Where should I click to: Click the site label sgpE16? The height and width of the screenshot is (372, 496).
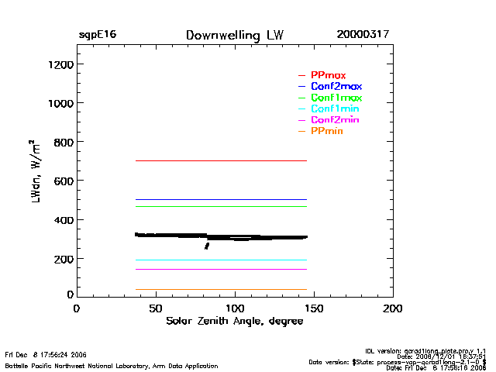pyautogui.click(x=97, y=36)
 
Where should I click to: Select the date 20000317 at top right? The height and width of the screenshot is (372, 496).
pyautogui.click(x=363, y=36)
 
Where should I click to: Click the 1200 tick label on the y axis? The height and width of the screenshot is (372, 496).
pyautogui.click(x=60, y=64)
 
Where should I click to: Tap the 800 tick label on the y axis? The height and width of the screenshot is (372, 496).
pyautogui.click(x=62, y=142)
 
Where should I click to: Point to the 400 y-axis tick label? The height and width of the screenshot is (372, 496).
pyautogui.click(x=62, y=220)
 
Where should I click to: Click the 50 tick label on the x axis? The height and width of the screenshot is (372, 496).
pyautogui.click(x=156, y=308)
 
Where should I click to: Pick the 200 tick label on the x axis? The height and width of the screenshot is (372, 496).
pyautogui.click(x=393, y=308)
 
